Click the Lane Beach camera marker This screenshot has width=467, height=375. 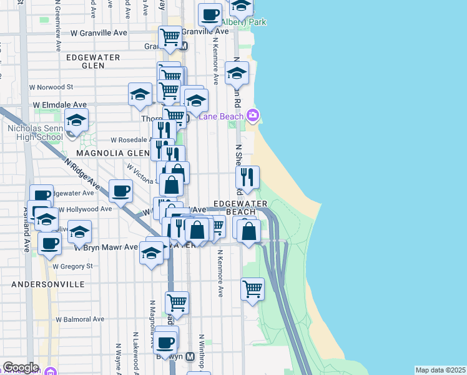click(x=253, y=115)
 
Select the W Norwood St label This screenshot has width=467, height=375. click(x=52, y=87)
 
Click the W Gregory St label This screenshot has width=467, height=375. click(x=72, y=266)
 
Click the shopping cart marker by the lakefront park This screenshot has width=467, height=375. click(x=252, y=289)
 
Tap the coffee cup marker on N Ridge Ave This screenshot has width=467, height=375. click(x=121, y=190)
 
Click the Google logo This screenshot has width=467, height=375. click(x=21, y=367)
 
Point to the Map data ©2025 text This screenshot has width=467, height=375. click(x=441, y=370)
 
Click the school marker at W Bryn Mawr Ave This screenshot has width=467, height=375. click(x=151, y=253)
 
